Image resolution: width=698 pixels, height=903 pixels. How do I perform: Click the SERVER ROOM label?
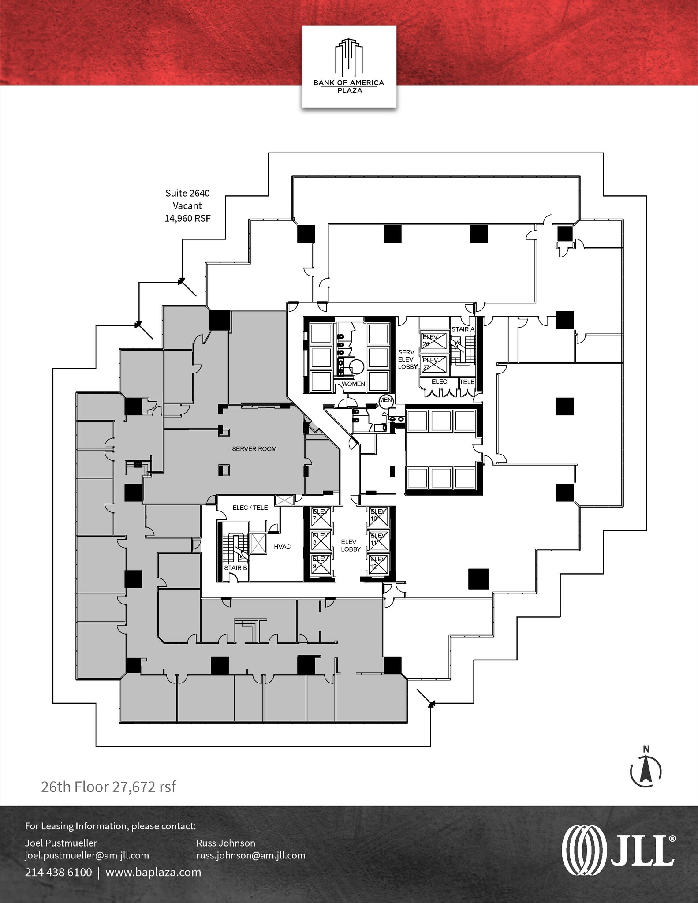pos(254,449)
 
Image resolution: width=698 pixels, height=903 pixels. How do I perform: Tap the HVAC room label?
pos(282,547)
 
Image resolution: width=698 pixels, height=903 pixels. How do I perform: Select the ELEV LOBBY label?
pos(351,545)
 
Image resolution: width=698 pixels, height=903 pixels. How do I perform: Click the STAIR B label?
pos(235,568)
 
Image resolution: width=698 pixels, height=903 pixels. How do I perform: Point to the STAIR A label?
pos(463,329)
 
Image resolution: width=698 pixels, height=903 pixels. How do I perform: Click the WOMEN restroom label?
pos(353,384)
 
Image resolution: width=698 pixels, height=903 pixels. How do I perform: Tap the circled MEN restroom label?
pos(385,400)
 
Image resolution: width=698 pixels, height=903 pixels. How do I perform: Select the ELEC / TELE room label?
pos(250,508)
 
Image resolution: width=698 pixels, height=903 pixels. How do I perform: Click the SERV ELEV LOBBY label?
pos(407,359)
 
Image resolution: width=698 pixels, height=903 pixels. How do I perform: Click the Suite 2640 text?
pos(187,193)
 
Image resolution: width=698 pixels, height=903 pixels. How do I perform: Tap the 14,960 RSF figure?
pos(187,218)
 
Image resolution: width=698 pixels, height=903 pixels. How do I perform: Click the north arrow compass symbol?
pos(646,769)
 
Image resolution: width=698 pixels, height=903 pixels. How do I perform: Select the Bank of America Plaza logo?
pos(349,67)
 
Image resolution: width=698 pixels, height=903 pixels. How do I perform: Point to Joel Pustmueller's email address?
pos(87,855)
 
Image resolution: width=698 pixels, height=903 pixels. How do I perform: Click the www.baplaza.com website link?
pos(153,872)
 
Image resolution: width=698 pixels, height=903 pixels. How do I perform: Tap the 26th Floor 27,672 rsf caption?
pos(108,787)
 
